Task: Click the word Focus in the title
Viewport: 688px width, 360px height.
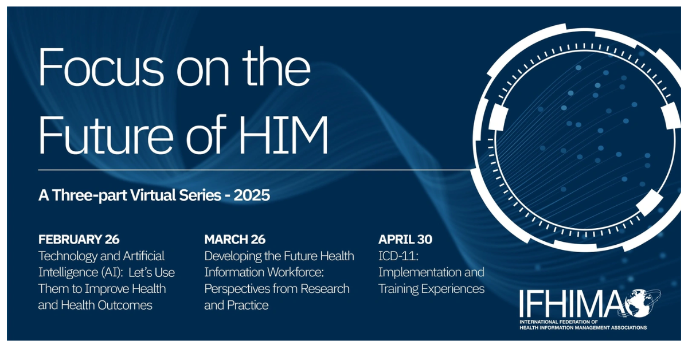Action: pyautogui.click(x=101, y=67)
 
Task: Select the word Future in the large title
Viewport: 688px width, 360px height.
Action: pyautogui.click(x=105, y=135)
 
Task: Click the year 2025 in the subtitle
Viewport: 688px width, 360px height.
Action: pyautogui.click(x=252, y=195)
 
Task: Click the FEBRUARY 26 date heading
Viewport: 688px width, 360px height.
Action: pyautogui.click(x=79, y=239)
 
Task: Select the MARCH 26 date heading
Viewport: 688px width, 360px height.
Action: pyautogui.click(x=235, y=239)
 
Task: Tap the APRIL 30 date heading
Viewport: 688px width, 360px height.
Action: pyautogui.click(x=405, y=239)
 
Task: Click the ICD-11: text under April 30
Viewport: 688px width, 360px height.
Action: pyautogui.click(x=398, y=256)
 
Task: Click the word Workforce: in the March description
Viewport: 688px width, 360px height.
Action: pyautogui.click(x=295, y=272)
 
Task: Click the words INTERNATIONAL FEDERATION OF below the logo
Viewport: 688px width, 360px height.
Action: pyautogui.click(x=558, y=322)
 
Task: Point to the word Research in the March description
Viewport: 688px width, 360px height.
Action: pyautogui.click(x=325, y=289)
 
